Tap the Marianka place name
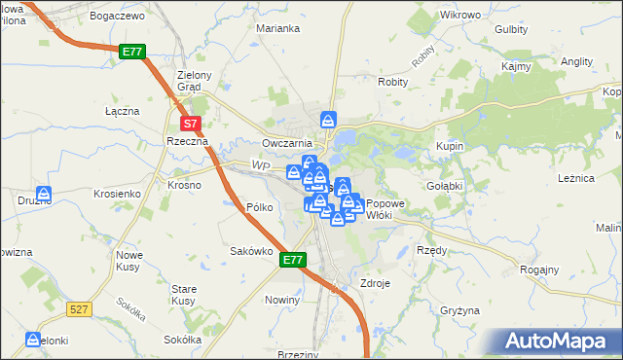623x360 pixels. click(277, 28)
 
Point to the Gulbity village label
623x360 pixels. click(511, 29)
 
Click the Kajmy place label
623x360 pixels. click(515, 67)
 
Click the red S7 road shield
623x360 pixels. click(191, 124)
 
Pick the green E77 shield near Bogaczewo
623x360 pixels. click(132, 52)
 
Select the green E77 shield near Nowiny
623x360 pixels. click(294, 260)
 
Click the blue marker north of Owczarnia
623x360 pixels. click(329, 121)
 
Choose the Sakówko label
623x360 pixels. click(248, 251)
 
